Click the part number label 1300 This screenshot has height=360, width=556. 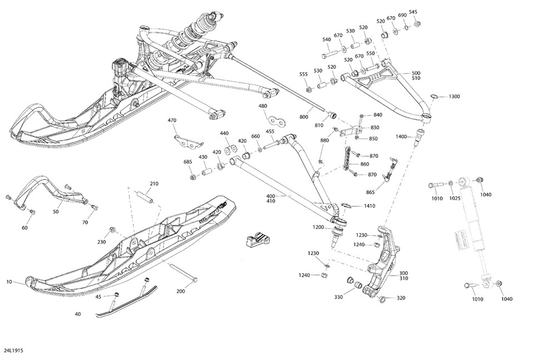point(454,97)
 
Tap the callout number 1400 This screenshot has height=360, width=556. point(401,137)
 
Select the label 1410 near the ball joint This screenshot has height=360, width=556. point(369,206)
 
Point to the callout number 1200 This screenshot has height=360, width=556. point(318,227)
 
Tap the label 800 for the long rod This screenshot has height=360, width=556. point(304,117)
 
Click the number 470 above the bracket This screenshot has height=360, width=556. point(172,120)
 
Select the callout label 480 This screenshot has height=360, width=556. point(263,106)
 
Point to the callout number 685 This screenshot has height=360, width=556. point(188,162)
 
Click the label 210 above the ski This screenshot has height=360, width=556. point(154,183)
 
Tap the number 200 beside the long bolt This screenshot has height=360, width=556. point(181,291)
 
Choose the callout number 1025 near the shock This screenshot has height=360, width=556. point(455,198)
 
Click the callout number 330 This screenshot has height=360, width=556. point(339,297)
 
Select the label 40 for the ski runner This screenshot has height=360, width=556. point(77,314)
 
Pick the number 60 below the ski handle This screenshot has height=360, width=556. point(24,228)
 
